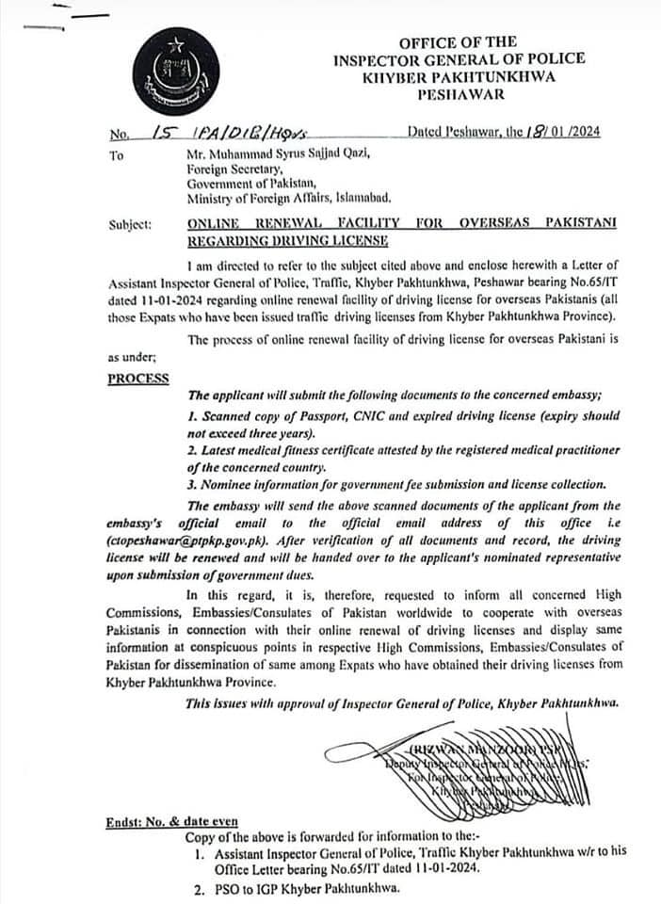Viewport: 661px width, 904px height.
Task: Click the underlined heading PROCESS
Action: pos(138,378)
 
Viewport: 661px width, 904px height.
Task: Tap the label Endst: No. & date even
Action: pos(171,822)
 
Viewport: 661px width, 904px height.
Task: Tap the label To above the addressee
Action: pos(116,155)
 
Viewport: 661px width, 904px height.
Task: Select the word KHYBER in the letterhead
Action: pos(397,76)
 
